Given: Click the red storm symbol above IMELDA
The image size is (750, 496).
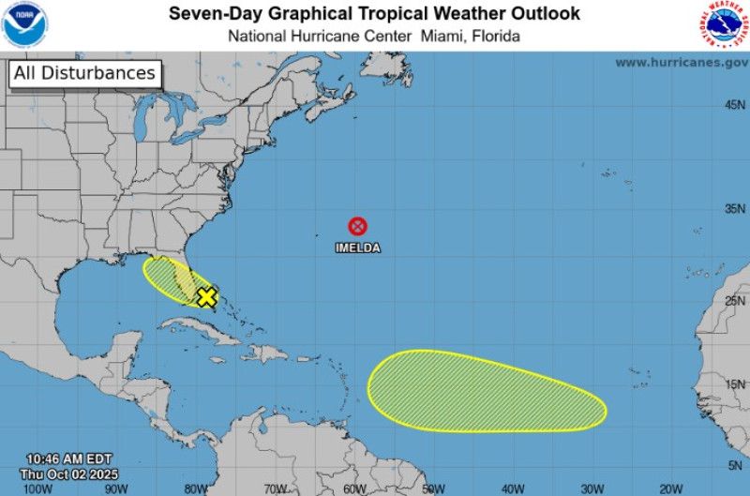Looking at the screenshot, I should coord(358,226).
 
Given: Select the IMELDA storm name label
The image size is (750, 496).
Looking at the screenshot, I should coord(358,248).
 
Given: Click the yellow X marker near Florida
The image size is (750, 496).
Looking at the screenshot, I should coord(206,297).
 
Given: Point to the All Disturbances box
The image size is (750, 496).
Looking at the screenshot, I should coord(84,73).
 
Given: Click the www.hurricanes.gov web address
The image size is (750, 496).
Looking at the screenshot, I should coord(682,63).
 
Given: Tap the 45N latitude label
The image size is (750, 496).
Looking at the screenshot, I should coord(734,105).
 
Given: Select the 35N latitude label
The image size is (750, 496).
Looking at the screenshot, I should coord(734,209).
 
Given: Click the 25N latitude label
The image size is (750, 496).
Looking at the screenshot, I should coord(734,301).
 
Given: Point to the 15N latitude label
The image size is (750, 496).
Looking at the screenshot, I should coord(734,384).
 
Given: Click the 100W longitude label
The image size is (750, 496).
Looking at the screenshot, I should coord(37,488).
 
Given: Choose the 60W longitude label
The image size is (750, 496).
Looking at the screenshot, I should coord(354,488).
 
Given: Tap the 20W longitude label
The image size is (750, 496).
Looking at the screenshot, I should coord(670,488).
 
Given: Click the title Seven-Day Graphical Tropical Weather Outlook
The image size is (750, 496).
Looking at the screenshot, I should coord(374,14).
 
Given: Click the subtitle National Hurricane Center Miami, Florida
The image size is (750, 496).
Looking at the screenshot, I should coord(374,37).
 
